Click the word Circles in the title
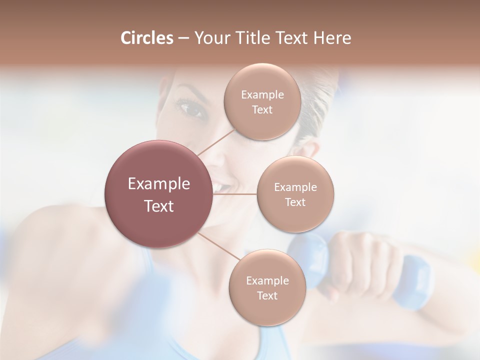click(146, 38)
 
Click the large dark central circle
click(158, 194)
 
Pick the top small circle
click(262, 101)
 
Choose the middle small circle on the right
click(295, 194)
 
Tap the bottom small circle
click(267, 287)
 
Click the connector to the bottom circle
click(219, 246)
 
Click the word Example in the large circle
click(158, 183)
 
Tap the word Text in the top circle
click(262, 110)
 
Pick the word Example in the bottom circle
click(267, 280)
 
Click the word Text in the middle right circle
click(295, 202)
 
